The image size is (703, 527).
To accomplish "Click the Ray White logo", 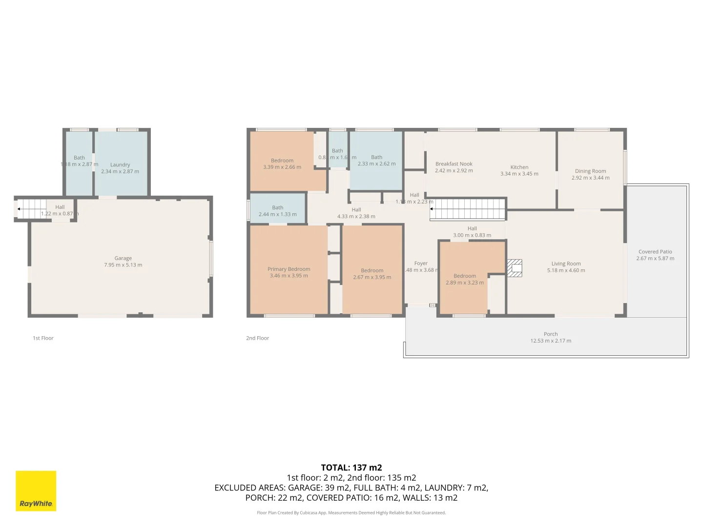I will click(36, 490).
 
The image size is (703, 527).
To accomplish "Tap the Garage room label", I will click(123, 258).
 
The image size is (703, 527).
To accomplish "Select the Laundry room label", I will click(120, 165).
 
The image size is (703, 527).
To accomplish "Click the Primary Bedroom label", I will click(289, 269).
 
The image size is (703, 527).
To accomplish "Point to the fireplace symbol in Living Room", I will click(515, 268).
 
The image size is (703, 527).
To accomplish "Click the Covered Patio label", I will click(655, 252).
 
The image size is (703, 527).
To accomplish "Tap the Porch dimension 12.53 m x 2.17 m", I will click(551, 341).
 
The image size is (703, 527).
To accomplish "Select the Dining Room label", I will click(590, 171).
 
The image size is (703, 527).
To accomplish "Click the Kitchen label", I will click(519, 167).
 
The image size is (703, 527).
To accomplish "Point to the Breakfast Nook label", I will click(454, 164).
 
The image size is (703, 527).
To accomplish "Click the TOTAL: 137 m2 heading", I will click(351, 467).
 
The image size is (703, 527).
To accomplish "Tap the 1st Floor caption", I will click(43, 338).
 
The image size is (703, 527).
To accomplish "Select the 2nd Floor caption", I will click(257, 338).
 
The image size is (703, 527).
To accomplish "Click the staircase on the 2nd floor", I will click(468, 209).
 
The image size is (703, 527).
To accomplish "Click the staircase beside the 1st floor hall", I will click(32, 209).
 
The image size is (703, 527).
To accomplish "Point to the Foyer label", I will click(421, 263).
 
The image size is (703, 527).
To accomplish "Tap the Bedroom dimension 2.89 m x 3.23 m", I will click(464, 283).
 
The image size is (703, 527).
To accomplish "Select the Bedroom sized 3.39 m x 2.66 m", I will click(282, 163).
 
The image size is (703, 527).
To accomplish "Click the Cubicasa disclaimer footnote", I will click(351, 513).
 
